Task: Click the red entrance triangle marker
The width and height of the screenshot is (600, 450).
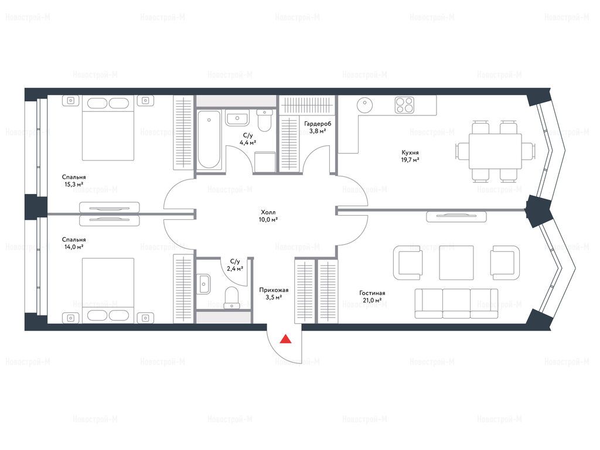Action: click(285, 339)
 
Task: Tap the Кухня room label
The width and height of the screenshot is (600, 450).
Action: click(410, 152)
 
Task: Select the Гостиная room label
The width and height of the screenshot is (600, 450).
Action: click(372, 293)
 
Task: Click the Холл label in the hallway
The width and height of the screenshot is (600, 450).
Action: click(268, 212)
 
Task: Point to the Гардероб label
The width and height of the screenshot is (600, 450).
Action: click(318, 124)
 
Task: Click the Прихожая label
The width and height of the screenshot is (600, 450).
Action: click(274, 290)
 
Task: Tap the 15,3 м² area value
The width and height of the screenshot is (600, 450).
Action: click(74, 184)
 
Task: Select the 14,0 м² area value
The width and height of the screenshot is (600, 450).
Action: click(74, 247)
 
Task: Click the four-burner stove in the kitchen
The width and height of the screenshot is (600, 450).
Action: click(404, 104)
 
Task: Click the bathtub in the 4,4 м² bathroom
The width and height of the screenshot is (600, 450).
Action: click(209, 139)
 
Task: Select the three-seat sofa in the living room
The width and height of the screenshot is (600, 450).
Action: click(456, 304)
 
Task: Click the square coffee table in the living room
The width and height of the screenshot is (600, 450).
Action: click(456, 262)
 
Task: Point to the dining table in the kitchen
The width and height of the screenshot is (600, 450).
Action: click(495, 151)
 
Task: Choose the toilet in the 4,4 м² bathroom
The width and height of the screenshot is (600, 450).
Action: click(264, 120)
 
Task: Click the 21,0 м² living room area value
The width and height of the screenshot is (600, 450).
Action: click(372, 301)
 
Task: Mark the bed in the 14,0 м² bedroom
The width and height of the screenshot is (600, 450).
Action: click(108, 290)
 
